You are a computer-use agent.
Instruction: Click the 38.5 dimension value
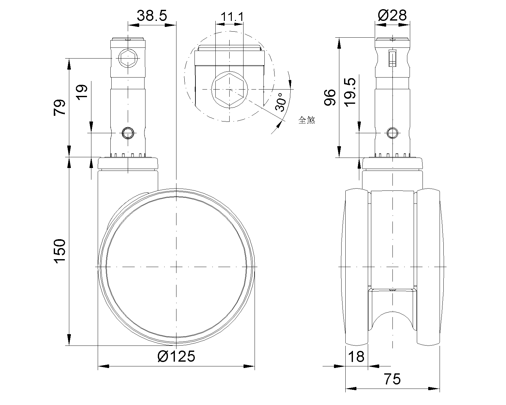click(152, 16)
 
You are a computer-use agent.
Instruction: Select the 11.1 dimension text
click(232, 17)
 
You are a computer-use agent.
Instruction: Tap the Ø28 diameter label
click(392, 16)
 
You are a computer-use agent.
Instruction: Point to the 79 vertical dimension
click(59, 107)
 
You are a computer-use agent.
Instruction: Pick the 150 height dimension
click(59, 251)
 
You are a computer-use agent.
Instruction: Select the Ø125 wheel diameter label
click(176, 356)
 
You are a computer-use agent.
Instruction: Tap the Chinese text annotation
click(307, 120)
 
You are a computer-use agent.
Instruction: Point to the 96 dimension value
click(330, 97)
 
